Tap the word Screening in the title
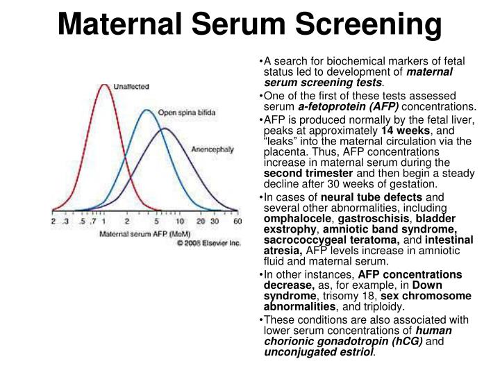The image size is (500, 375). tap(369, 26)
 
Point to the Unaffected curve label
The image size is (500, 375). tap(131, 87)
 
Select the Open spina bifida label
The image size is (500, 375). tap(187, 112)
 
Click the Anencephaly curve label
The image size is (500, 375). tap(212, 149)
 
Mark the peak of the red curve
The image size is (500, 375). tap(104, 85)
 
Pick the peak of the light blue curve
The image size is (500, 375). tap(147, 110)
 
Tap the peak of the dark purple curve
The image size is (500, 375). tap(165, 128)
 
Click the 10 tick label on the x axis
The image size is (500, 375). tap(180, 221)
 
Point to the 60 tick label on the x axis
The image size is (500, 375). tap(237, 221)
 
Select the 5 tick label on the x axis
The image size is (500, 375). tap(156, 221)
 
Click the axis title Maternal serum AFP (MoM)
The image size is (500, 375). tap(144, 234)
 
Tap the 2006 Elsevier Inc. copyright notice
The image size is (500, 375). tap(209, 243)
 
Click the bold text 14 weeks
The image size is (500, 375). tap(406, 131)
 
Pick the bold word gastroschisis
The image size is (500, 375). tap(374, 219)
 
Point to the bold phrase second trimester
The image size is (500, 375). tap(308, 174)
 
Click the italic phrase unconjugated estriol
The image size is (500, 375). tap(318, 352)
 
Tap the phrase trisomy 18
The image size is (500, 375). tap(349, 297)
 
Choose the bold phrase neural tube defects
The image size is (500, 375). tap(372, 197)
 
